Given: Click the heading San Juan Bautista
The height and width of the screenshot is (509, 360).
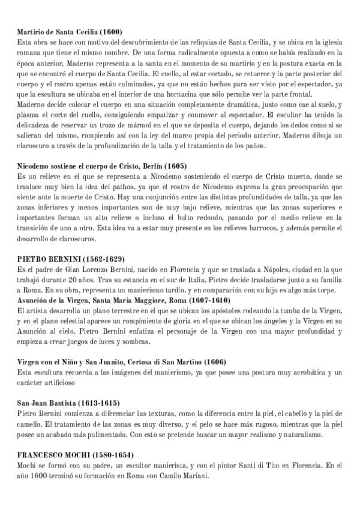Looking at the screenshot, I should [x=49, y=403].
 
